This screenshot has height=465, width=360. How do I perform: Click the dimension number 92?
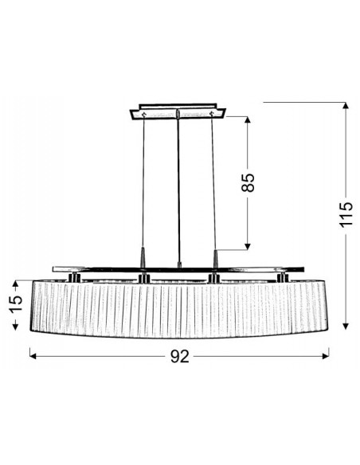click(x=180, y=356)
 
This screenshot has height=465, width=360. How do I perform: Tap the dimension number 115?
click(x=346, y=215)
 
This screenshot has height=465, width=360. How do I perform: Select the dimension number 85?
click(x=248, y=182)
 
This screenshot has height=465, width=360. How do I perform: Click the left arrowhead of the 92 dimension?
click(x=33, y=356)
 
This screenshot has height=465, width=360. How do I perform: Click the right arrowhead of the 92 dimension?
click(x=326, y=356)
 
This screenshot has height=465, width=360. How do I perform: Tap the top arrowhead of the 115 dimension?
click(x=346, y=106)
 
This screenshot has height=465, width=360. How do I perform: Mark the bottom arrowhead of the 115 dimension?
click(x=346, y=326)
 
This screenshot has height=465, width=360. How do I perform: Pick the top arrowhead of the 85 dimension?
click(x=248, y=120)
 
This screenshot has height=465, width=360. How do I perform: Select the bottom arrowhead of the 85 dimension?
click(x=248, y=246)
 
